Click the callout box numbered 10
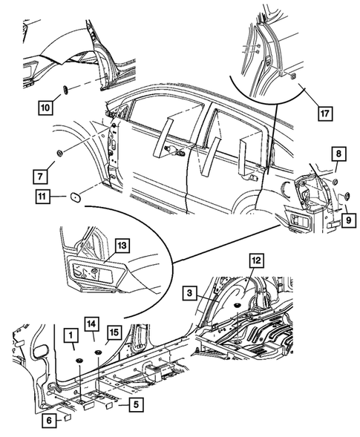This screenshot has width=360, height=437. click(46, 107)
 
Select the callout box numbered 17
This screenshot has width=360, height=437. click(325, 114)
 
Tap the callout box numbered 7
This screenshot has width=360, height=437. click(40, 177)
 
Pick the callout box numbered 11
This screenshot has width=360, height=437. click(42, 197)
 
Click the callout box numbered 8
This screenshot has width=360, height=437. click(338, 154)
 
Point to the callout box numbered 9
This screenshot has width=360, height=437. click(348, 220)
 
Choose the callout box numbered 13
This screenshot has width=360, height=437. click(122, 246)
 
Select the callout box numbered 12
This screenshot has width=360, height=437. click(257, 260)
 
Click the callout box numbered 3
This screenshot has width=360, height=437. click(190, 293)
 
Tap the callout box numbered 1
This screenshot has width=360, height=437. click(72, 335)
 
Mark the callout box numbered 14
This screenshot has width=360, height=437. click(93, 323)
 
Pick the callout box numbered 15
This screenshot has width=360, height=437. click(114, 332)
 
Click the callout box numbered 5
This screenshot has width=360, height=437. click(136, 404)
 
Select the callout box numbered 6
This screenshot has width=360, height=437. click(49, 421)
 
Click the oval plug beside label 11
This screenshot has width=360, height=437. click(75, 197)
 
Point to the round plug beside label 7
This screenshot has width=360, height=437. click(60, 153)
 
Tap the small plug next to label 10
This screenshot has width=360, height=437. click(66, 90)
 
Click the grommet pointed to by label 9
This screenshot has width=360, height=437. click(347, 196)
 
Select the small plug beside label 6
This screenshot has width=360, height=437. click(68, 417)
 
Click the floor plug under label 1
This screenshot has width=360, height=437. click(79, 361)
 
